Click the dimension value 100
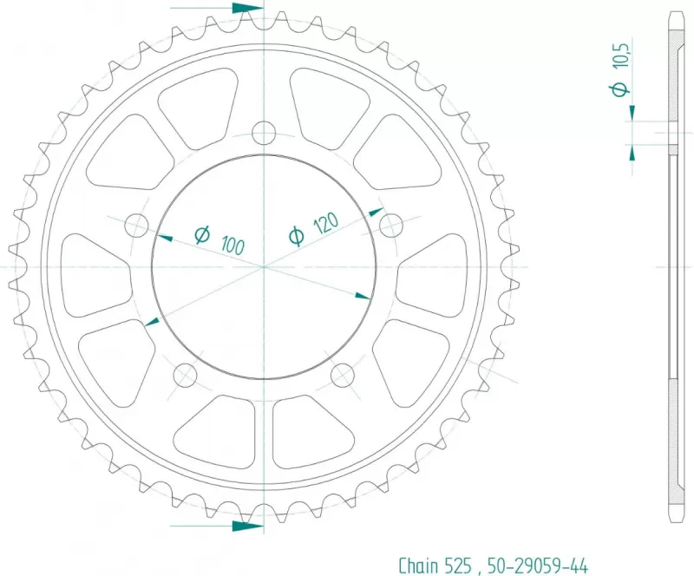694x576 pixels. tap(232, 245)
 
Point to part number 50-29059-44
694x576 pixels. tap(538, 566)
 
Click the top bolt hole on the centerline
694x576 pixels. tap(264, 133)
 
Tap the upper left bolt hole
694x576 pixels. tap(137, 226)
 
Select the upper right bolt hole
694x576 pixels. tap(391, 226)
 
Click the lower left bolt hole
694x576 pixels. tap(185, 376)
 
